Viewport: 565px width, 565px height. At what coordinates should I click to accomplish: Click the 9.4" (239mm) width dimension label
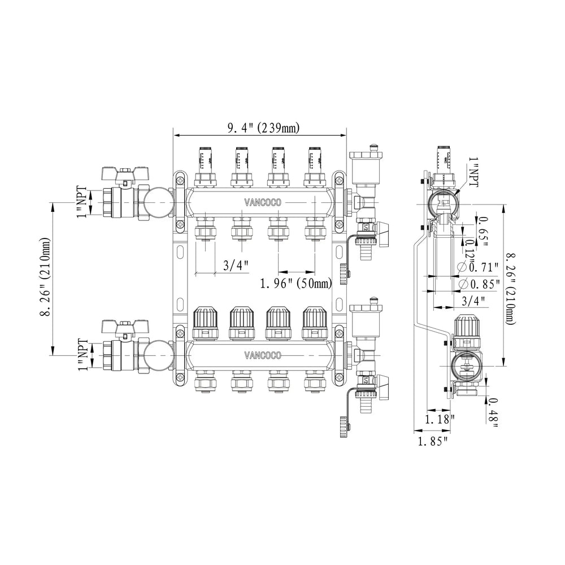point(263,128)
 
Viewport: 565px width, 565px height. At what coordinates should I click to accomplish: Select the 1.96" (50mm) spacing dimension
point(296,282)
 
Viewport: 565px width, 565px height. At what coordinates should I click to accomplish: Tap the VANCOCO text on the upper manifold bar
point(262,202)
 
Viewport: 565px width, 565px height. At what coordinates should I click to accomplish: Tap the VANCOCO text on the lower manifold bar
point(262,355)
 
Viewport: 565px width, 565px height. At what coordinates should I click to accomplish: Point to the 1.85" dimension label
point(432,440)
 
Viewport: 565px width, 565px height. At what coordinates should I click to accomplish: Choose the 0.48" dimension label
point(494,411)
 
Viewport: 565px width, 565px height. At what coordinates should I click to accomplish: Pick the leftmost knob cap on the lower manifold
point(204,320)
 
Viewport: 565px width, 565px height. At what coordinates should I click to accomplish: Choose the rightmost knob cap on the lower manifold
point(314,320)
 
